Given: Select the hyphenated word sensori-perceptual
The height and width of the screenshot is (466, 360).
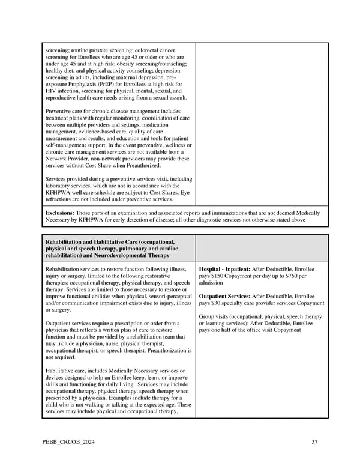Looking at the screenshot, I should pos(165,297).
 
